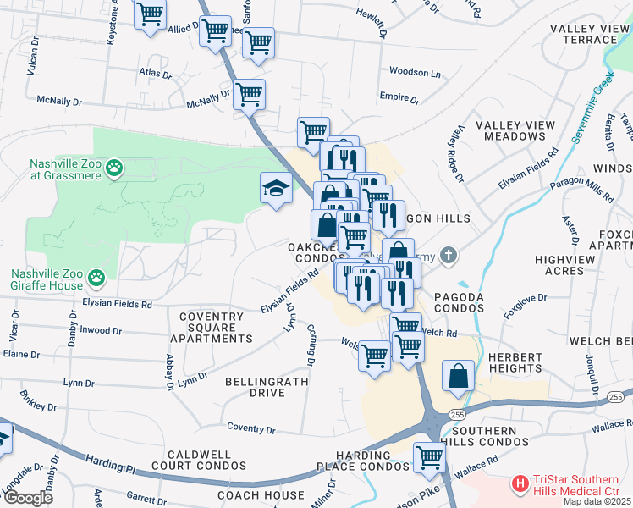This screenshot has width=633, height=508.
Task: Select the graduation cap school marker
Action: pos(276,190)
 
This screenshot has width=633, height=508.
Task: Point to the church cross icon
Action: pos(449,253)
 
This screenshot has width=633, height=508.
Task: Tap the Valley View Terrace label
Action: pos(590,34)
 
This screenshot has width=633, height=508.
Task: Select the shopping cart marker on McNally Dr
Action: pos(249,96)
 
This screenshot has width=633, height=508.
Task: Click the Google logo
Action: pos(28,497)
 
